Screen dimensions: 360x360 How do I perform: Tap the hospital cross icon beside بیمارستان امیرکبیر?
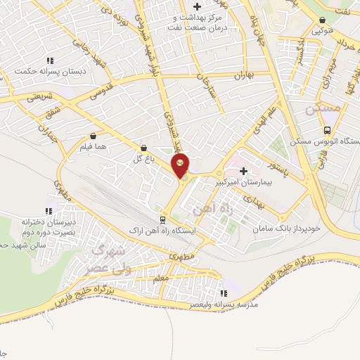click(x=244, y=171)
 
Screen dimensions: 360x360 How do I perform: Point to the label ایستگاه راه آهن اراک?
click(x=164, y=231)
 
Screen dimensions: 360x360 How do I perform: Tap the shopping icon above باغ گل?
click(x=143, y=149)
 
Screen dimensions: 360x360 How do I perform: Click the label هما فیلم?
click(x=94, y=147)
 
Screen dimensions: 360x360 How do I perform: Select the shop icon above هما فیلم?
click(x=94, y=136)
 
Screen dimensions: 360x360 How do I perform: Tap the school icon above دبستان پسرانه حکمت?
click(x=48, y=60)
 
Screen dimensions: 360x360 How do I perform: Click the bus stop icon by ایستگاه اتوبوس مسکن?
click(x=328, y=131)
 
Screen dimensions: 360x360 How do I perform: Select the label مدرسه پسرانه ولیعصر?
click(x=225, y=306)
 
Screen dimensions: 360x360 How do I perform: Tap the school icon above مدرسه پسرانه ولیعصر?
click(x=224, y=294)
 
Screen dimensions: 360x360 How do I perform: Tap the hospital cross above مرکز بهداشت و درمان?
click(x=198, y=6)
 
